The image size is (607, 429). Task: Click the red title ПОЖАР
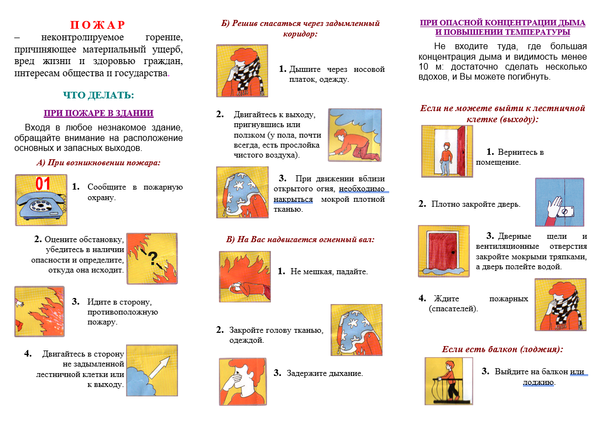(x=97, y=25)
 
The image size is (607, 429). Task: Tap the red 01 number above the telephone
(x=43, y=183)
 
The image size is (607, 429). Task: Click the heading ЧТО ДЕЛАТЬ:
(x=98, y=95)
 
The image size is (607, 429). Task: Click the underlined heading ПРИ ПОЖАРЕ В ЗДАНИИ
(x=98, y=113)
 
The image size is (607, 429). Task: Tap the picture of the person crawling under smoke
(x=354, y=135)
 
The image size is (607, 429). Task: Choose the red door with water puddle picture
(x=443, y=250)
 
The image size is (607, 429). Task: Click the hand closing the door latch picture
(x=559, y=202)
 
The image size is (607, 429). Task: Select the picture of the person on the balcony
(x=448, y=381)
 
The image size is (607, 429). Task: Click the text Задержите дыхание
(x=325, y=373)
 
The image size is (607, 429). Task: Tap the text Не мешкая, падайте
(x=329, y=271)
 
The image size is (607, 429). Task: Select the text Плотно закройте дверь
(x=475, y=205)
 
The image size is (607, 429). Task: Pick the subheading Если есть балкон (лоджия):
(x=503, y=349)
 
